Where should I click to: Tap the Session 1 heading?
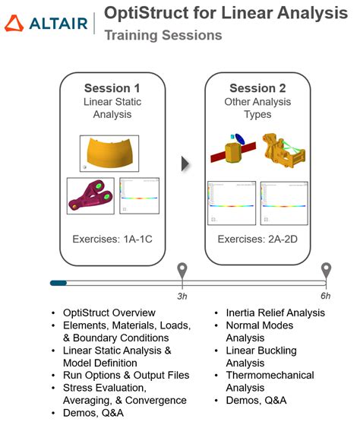pos(112,88)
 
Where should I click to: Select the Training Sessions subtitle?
pos(163,36)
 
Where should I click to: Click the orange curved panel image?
pos(110,154)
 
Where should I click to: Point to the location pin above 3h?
pos(182,271)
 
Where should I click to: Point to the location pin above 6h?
pos(327,271)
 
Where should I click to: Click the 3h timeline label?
pos(182,297)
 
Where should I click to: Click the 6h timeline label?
pos(327,297)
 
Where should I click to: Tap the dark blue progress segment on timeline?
pos(58,283)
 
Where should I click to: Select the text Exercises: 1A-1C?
pos(112,240)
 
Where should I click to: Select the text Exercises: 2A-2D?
pos(258,240)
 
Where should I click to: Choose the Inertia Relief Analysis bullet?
pos(275,313)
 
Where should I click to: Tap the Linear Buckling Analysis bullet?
pos(262,357)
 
